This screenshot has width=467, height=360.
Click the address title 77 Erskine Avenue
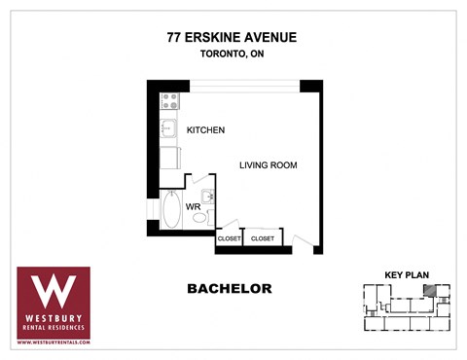pyautogui.click(x=233, y=38)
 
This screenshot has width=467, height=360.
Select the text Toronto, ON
pyautogui.click(x=233, y=54)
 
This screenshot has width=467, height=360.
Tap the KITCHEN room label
pyautogui.click(x=205, y=130)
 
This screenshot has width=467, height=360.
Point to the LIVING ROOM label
pyautogui.click(x=268, y=165)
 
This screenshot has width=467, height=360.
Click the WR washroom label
pyautogui.click(x=193, y=206)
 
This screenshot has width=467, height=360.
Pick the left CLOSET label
pyautogui.click(x=229, y=238)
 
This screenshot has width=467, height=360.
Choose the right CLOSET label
pyautogui.click(x=263, y=238)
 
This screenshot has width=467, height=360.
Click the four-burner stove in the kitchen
pyautogui.click(x=169, y=100)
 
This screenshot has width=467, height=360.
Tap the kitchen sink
pyautogui.click(x=167, y=127)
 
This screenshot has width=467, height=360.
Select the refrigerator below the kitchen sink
pyautogui.click(x=168, y=157)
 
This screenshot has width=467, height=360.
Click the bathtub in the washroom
pyautogui.click(x=170, y=209)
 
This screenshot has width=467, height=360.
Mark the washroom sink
pyautogui.click(x=206, y=194)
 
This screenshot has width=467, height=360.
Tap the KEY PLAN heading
pyautogui.click(x=406, y=274)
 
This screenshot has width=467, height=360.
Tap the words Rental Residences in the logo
pyautogui.click(x=54, y=326)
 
